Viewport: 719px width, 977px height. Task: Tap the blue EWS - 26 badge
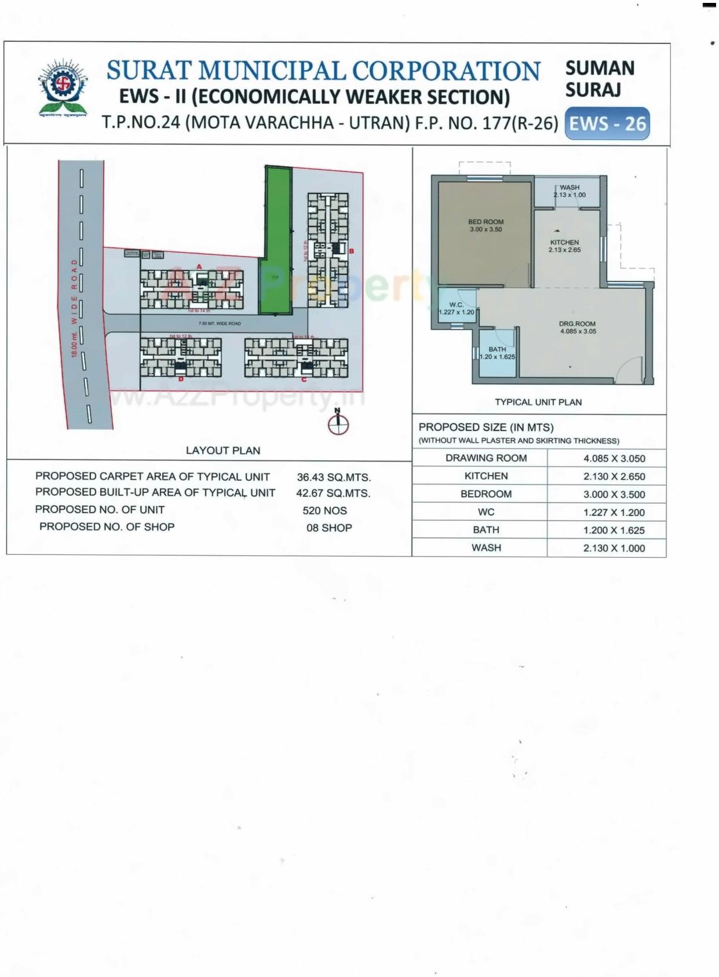tap(607, 123)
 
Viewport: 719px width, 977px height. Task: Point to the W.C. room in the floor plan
tap(457, 308)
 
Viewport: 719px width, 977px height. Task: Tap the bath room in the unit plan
tap(497, 353)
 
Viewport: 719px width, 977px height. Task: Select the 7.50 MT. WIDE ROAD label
tap(220, 324)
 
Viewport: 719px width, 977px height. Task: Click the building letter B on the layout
tap(351, 251)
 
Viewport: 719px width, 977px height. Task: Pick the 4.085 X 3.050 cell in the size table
tap(614, 459)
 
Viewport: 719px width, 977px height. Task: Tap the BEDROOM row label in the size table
tap(486, 494)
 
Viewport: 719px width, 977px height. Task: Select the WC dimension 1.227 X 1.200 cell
tap(614, 513)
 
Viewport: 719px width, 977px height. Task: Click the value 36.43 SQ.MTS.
tap(334, 478)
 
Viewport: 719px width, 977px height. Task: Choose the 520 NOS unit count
tap(325, 511)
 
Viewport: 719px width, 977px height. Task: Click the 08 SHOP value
tap(329, 528)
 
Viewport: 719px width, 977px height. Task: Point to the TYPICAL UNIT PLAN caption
tap(538, 402)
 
